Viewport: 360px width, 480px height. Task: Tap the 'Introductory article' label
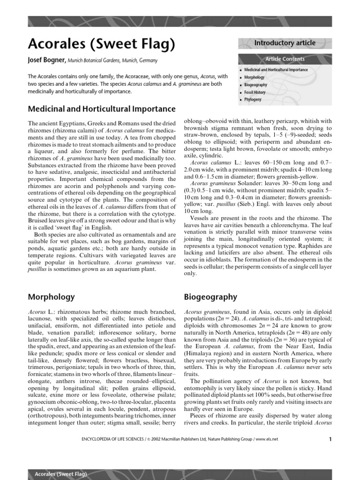(x=285, y=43)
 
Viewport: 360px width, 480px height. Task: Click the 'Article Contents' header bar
(x=285, y=59)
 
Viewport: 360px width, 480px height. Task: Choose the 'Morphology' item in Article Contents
(x=255, y=77)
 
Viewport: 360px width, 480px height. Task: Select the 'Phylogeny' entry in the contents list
(x=253, y=100)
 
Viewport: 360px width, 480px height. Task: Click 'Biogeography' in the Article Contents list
(x=256, y=85)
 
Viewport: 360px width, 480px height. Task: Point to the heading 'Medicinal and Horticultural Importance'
(x=102, y=109)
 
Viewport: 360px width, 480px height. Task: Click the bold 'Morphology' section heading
(x=52, y=297)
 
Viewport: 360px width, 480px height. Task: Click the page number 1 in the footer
(x=330, y=439)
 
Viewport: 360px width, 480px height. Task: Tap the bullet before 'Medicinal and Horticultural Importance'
(x=240, y=70)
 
